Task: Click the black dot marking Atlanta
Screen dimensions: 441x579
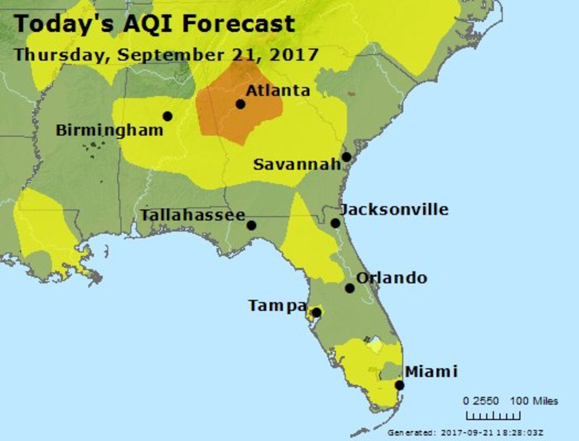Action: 240,104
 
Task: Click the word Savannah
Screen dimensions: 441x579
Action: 297,165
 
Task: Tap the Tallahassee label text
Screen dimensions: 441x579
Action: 193,215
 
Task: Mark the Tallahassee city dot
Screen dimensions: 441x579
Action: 251,225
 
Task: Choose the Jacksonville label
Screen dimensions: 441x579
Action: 394,210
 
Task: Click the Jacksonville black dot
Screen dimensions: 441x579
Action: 335,223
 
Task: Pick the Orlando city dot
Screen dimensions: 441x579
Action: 350,288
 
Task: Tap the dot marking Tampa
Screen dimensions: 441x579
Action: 317,313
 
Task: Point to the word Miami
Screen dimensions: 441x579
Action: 431,372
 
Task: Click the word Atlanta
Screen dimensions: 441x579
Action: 278,91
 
